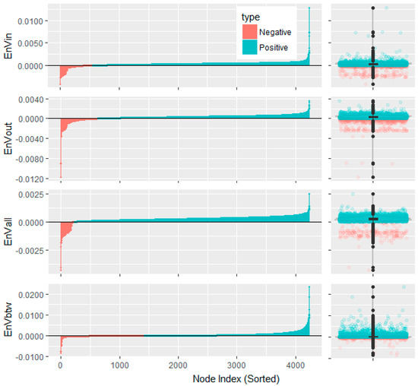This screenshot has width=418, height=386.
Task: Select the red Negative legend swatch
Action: coord(248,32)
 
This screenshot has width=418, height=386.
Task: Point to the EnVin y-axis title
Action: coord(8,46)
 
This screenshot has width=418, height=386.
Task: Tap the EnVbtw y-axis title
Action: coord(8,323)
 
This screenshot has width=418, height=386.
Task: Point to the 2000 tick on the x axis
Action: coord(179,365)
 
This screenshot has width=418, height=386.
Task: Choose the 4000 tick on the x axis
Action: coord(296,365)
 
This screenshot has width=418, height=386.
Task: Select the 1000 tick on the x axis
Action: coord(119,365)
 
